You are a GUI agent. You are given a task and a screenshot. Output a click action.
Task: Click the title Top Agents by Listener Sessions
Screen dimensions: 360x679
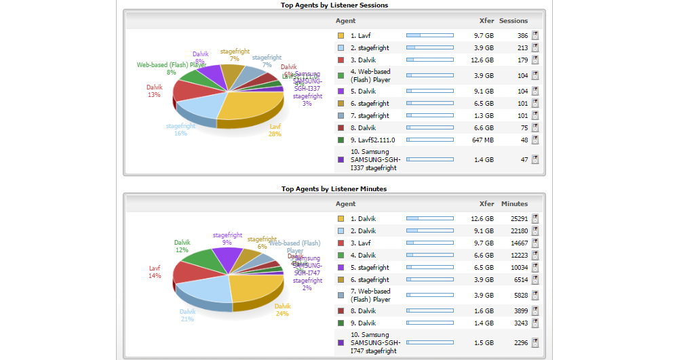pyautogui.click(x=334, y=5)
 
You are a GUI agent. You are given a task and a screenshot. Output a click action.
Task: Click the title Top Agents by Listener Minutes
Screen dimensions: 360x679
pyautogui.click(x=334, y=188)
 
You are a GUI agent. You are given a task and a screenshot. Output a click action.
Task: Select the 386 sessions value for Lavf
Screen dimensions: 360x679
pyautogui.click(x=522, y=35)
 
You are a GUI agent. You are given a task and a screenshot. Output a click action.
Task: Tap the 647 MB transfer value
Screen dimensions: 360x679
pyautogui.click(x=483, y=140)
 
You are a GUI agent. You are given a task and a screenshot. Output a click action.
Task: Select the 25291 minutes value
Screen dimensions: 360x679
pyautogui.click(x=518, y=218)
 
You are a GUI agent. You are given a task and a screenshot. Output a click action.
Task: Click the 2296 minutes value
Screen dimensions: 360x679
pyautogui.click(x=520, y=342)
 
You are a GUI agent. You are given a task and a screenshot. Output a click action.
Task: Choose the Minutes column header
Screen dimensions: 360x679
pyautogui.click(x=514, y=203)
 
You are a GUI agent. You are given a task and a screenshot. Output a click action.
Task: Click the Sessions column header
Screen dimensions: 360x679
pyautogui.click(x=513, y=21)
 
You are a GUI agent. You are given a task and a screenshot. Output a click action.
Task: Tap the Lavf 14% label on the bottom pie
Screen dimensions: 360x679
pyautogui.click(x=155, y=272)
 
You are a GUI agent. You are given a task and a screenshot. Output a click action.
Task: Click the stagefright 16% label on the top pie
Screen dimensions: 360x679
pyautogui.click(x=180, y=129)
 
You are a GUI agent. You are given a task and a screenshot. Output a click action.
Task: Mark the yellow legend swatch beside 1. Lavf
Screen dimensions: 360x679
pyautogui.click(x=341, y=35)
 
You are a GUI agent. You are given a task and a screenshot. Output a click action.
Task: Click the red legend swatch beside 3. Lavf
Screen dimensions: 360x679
pyautogui.click(x=341, y=243)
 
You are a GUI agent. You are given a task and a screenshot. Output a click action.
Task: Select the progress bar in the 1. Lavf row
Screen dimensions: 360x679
pyautogui.click(x=429, y=35)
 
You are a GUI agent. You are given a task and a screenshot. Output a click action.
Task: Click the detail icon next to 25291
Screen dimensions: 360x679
pyautogui.click(x=535, y=218)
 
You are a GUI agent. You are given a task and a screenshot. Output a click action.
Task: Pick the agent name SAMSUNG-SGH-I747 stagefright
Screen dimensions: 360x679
pyautogui.click(x=375, y=342)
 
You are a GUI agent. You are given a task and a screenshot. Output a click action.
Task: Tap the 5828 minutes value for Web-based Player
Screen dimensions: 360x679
pyautogui.click(x=520, y=295)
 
